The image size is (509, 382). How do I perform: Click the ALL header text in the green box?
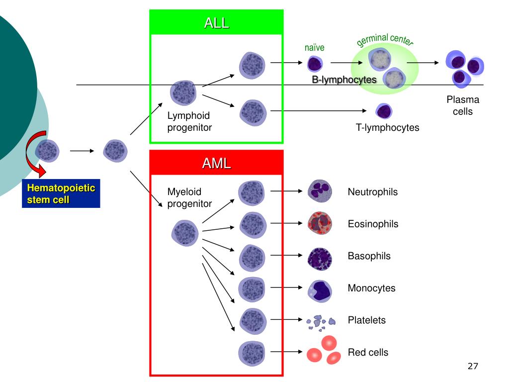pos(217,23)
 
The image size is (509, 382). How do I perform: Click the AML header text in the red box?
pos(217,163)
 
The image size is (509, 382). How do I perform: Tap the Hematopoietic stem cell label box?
pos(61,193)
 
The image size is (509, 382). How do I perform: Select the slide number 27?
pos(473,366)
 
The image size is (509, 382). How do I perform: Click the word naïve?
pos(314,48)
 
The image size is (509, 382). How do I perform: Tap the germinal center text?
pos(385,40)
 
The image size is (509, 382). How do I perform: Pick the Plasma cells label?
pos(463,105)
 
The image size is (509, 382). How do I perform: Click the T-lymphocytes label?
pos(387,127)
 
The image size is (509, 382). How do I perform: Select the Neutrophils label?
pos(373,192)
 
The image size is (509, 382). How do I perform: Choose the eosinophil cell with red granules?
pos(320,223)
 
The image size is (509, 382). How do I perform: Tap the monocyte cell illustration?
pos(320,291)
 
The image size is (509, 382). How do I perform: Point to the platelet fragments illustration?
pos(321,323)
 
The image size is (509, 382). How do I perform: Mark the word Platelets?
pos(366,320)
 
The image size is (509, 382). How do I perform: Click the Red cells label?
pos(368,353)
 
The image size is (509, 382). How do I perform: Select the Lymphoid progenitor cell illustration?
pos(183,93)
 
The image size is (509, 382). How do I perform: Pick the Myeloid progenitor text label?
pos(189,197)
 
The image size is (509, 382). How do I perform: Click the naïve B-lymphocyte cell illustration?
pos(315,64)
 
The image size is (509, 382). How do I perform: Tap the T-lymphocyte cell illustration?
pos(384,111)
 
